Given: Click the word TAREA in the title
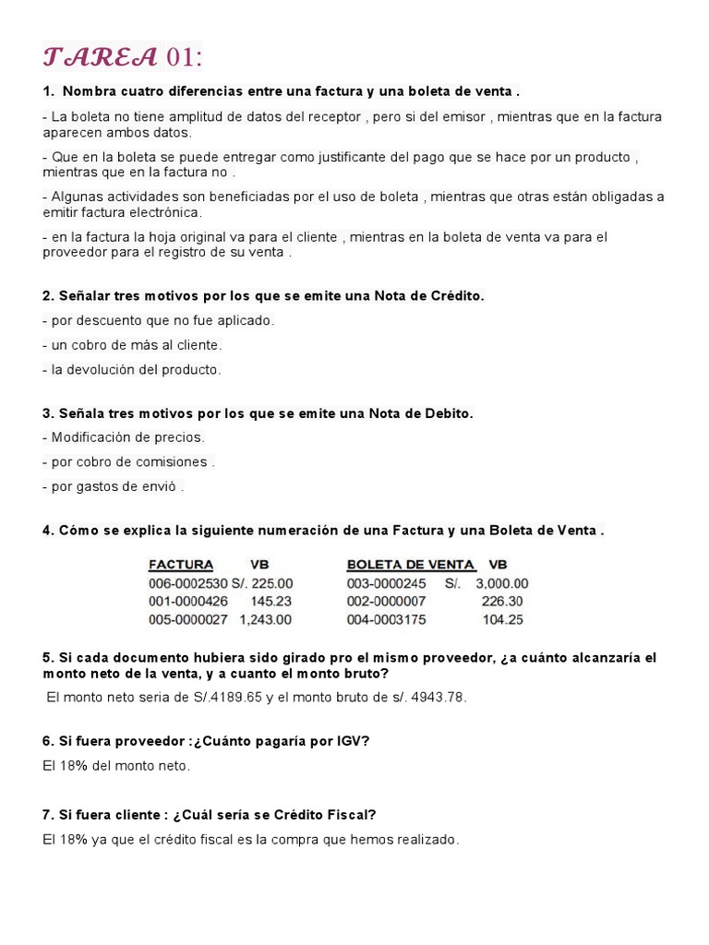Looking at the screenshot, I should point(100,57).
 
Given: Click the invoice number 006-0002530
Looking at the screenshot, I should point(187,583).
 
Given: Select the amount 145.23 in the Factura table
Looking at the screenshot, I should point(270,602).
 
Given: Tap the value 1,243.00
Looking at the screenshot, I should point(266,620).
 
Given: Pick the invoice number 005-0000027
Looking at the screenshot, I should point(187,620).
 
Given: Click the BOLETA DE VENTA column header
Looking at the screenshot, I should point(411,565).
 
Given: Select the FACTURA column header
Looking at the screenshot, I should point(181,565).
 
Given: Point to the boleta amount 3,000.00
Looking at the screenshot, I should point(502,583).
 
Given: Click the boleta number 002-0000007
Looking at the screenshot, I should point(386,602).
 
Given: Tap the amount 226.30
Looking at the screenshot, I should point(502,602).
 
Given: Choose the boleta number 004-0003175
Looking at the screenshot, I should point(386,620).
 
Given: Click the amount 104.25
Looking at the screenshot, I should point(502,620).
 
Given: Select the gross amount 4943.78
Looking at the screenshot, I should point(435,697).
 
